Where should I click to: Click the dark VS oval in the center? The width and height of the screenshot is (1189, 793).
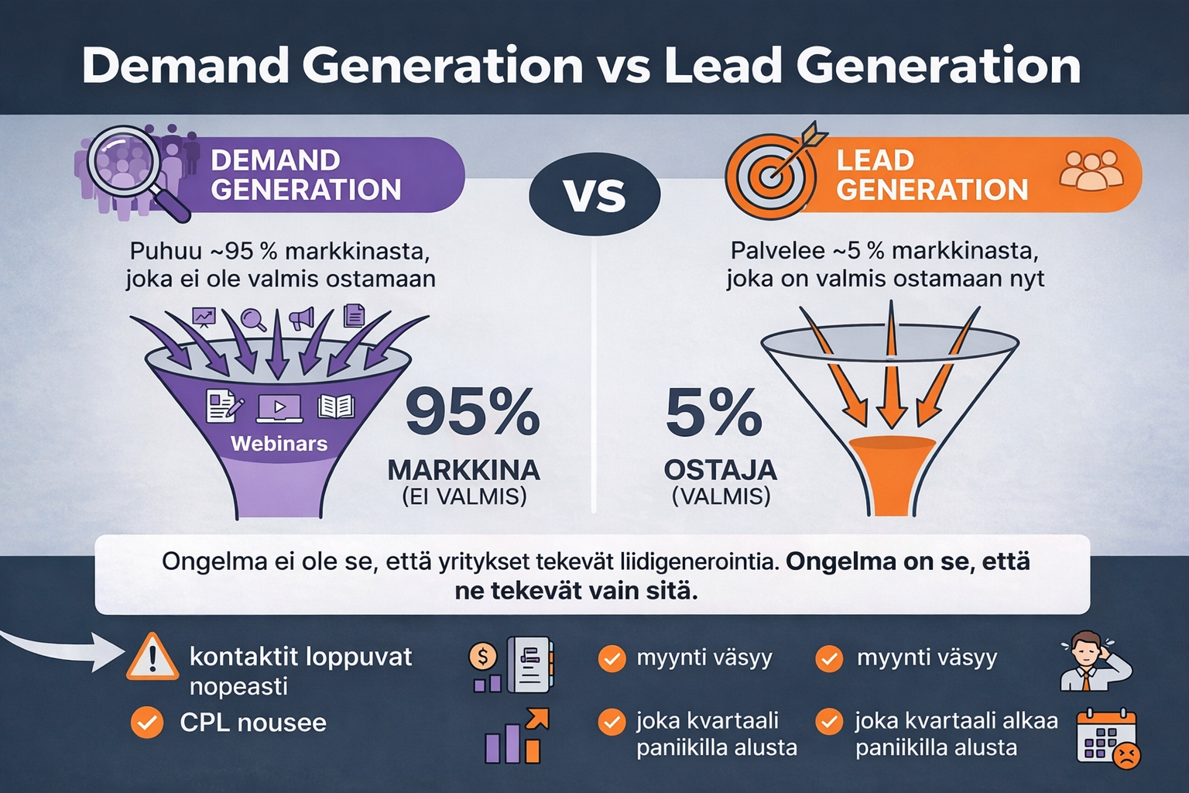[x=594, y=194]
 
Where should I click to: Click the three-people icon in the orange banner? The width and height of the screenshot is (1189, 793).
[x=1091, y=170]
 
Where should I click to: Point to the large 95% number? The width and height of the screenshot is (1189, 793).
[x=472, y=413]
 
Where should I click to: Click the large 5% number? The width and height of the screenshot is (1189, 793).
[x=714, y=413]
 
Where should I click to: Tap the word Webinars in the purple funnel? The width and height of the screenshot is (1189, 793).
[x=279, y=444]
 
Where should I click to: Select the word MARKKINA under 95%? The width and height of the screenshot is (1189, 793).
[x=464, y=470]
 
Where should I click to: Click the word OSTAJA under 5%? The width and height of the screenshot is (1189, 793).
[x=720, y=470]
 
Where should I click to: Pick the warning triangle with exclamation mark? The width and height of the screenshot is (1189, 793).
[x=152, y=657]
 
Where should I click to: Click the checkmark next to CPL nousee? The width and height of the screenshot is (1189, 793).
[x=146, y=723]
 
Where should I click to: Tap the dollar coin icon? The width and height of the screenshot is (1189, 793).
[x=483, y=657]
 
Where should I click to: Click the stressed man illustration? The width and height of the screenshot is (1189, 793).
[x=1091, y=661]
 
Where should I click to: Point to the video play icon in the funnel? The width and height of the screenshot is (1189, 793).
[x=279, y=407]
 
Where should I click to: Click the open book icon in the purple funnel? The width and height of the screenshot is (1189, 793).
[x=336, y=407]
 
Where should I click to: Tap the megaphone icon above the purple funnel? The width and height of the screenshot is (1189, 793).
[x=302, y=318]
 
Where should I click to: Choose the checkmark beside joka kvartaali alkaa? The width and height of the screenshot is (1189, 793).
[x=829, y=723]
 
